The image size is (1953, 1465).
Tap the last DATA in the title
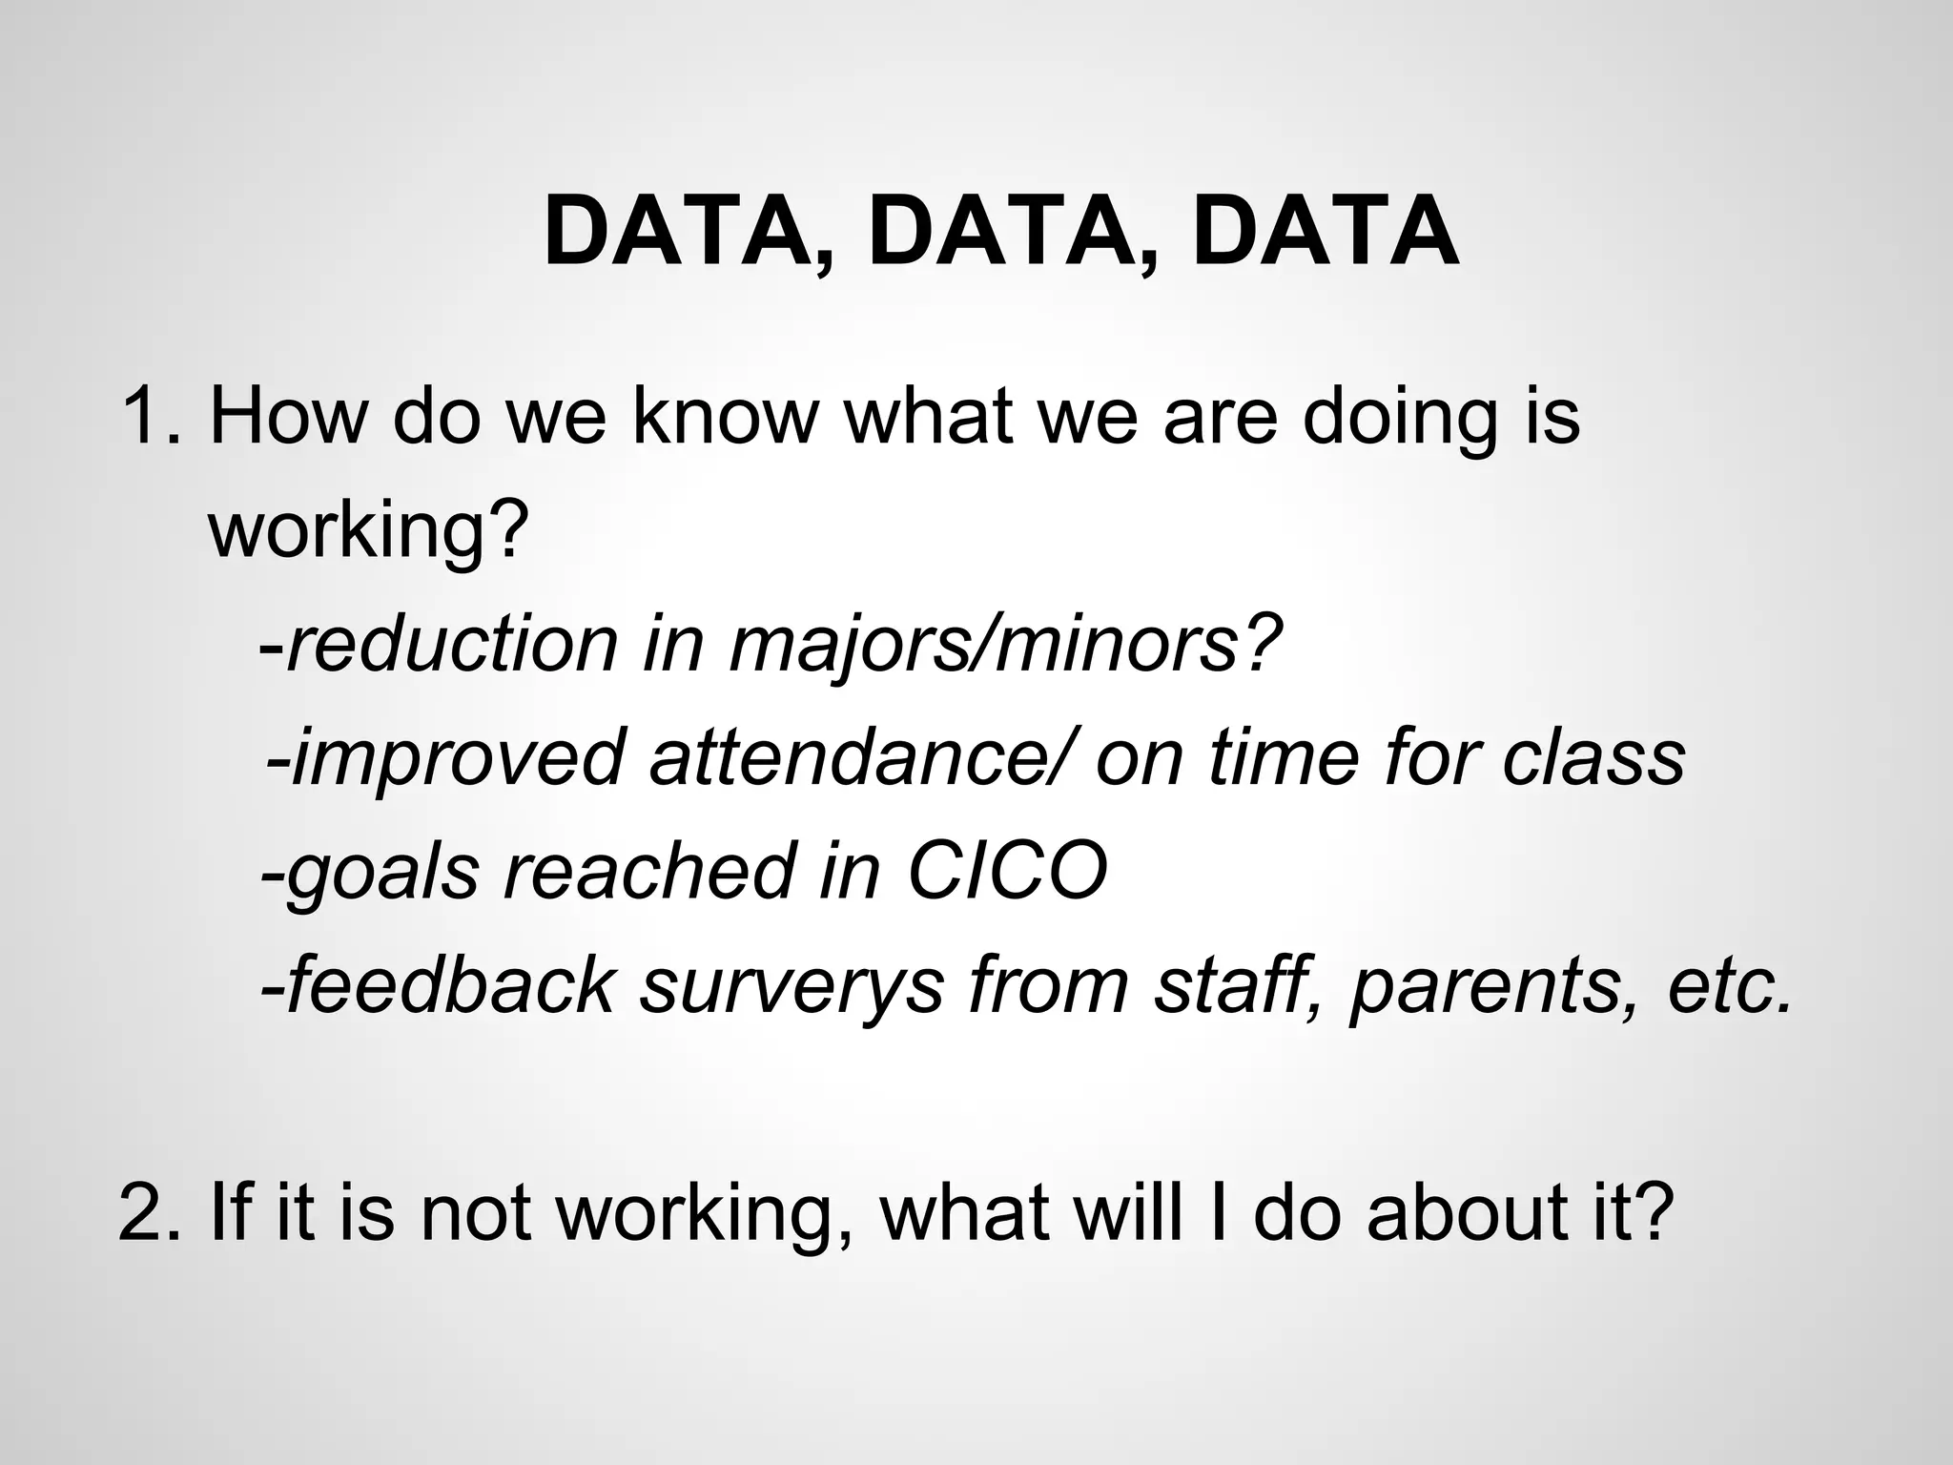click(x=1326, y=232)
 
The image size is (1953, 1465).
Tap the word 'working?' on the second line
click(x=368, y=530)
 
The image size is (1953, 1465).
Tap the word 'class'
click(x=1593, y=757)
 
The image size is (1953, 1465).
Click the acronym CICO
click(x=1007, y=870)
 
